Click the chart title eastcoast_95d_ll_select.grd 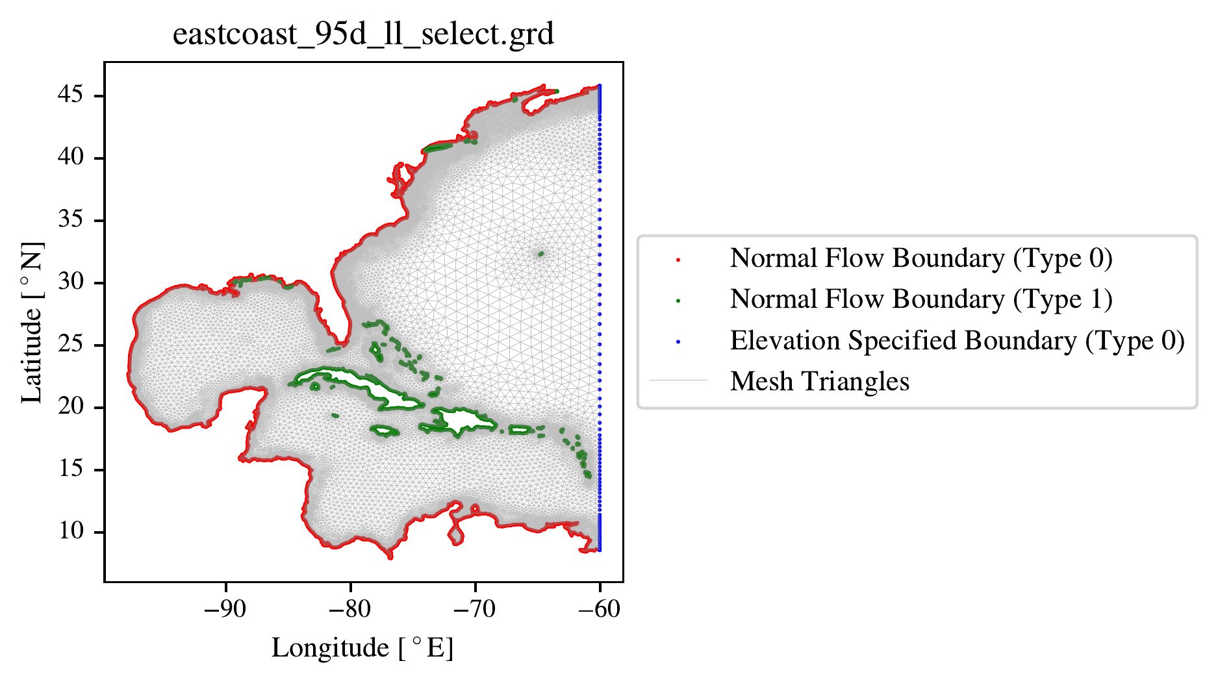pyautogui.click(x=363, y=34)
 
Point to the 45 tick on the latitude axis pyautogui.click(x=71, y=95)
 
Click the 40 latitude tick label pyautogui.click(x=71, y=157)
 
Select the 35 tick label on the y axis pyautogui.click(x=71, y=219)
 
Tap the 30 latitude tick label pyautogui.click(x=71, y=282)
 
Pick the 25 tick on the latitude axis pyautogui.click(x=71, y=344)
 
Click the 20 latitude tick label pyautogui.click(x=71, y=406)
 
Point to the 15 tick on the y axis pyautogui.click(x=71, y=469)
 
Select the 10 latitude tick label pyautogui.click(x=71, y=531)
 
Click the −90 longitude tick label pyautogui.click(x=225, y=609)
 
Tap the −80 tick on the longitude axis pyautogui.click(x=350, y=609)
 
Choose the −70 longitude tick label pyautogui.click(x=475, y=609)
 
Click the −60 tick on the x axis pyautogui.click(x=600, y=609)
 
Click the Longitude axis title pyautogui.click(x=362, y=648)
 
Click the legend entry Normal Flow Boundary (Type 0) pyautogui.click(x=921, y=258)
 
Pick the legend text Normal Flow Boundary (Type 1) pyautogui.click(x=921, y=299)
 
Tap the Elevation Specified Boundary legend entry pyautogui.click(x=958, y=341)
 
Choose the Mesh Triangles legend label pyautogui.click(x=820, y=382)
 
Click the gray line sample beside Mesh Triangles pyautogui.click(x=678, y=381)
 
